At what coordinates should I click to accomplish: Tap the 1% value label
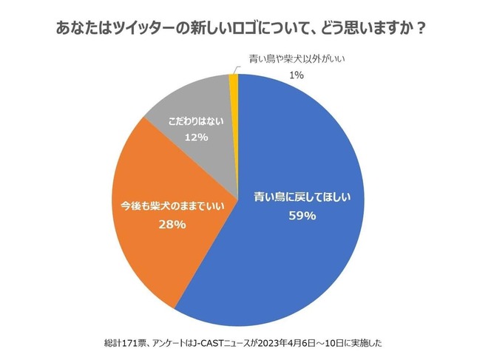(x=296, y=75)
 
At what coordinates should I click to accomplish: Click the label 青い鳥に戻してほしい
(x=301, y=197)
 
